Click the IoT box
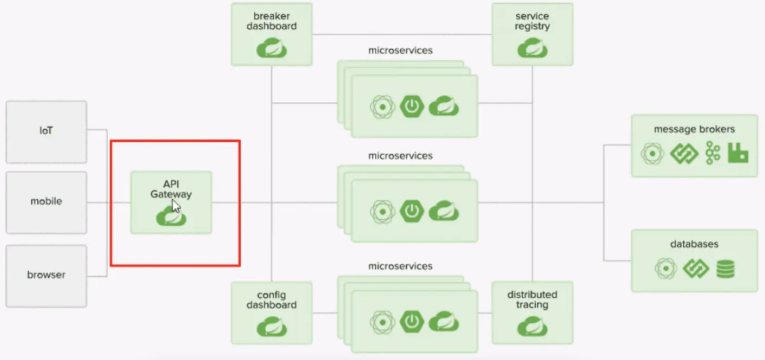tap(46, 132)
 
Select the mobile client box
tap(46, 202)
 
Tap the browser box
tap(46, 276)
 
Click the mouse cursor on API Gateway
tap(176, 206)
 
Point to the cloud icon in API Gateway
tap(171, 217)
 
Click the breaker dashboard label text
tap(271, 21)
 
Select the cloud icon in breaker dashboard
tap(272, 49)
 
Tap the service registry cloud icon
tap(532, 49)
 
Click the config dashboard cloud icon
tap(272, 326)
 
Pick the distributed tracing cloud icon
tap(532, 326)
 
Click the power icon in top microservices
tap(412, 107)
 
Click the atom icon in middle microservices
tap(382, 212)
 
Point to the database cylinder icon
tap(726, 269)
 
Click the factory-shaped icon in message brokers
tap(738, 153)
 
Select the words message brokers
tap(694, 130)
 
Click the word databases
tap(694, 244)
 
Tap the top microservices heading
tap(400, 51)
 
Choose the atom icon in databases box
tap(665, 269)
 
